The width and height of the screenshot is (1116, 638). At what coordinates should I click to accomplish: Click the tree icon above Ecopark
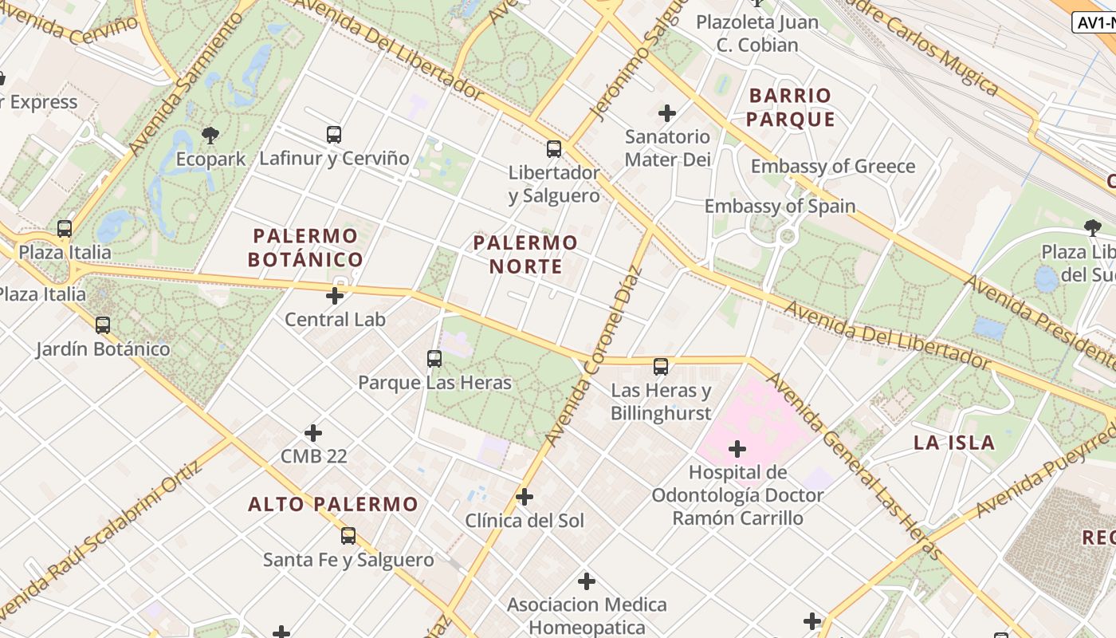pos(210,134)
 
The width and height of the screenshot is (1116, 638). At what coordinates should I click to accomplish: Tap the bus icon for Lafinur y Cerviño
pos(334,134)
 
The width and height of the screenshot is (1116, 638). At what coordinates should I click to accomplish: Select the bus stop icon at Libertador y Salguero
pos(554,148)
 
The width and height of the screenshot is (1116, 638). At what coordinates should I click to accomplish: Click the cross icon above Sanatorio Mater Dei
pos(667,112)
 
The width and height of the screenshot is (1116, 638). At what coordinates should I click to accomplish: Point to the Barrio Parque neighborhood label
pos(792,108)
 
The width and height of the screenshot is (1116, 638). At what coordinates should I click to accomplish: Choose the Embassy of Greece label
pos(833,167)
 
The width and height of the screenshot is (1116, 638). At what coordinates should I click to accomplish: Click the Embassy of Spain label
pos(780,206)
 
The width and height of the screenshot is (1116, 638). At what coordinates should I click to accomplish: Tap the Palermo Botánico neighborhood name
pos(305,247)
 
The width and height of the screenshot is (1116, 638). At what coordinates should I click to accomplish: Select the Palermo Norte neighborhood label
pos(525,254)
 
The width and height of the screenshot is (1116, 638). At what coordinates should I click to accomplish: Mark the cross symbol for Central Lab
pos(335,296)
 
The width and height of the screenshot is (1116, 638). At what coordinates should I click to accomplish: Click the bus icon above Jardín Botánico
pos(103,325)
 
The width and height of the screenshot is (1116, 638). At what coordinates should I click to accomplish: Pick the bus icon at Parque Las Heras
pos(434,359)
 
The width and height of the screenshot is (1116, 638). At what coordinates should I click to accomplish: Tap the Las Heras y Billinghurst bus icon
pos(661,367)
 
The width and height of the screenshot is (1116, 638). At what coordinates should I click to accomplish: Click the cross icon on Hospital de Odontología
pos(737,449)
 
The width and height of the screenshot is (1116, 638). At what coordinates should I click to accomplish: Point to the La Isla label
pos(954,443)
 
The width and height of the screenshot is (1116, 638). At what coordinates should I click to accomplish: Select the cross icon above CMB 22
pos(313,433)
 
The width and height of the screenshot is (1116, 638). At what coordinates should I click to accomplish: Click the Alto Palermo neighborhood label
pos(332,504)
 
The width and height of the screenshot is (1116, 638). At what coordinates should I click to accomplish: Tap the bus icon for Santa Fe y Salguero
pos(348,536)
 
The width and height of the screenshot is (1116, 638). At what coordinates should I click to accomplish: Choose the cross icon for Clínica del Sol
pos(525,497)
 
